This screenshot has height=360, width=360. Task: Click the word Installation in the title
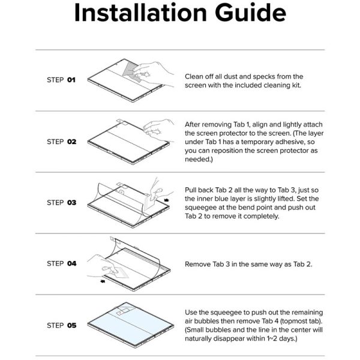140,13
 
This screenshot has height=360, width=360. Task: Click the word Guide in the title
250,13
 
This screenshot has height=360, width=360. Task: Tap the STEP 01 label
61,80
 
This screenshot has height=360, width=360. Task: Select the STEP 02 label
61,142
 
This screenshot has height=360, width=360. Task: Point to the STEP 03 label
61,203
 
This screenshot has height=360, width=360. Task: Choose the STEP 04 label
61,263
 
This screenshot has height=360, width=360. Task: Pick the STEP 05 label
61,325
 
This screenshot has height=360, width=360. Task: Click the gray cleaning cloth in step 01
131,71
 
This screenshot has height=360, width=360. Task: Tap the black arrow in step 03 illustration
166,200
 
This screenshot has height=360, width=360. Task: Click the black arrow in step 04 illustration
103,281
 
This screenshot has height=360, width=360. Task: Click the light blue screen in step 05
130,325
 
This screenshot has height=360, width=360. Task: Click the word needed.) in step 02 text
199,160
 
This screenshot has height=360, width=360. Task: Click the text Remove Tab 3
207,264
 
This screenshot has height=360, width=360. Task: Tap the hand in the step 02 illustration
158,130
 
